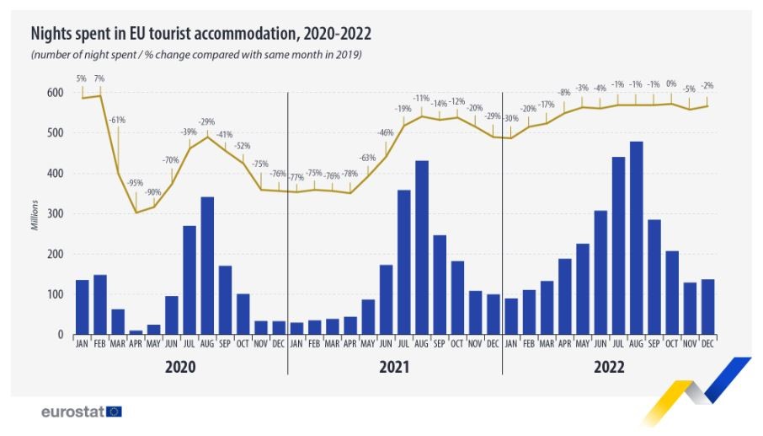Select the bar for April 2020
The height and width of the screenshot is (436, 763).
pos(136,332)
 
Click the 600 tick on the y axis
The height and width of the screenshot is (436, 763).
pos(55,93)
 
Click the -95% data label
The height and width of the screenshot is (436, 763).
pos(135,183)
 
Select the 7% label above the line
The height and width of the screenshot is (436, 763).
pos(100,78)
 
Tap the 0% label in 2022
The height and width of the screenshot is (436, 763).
pos(671,83)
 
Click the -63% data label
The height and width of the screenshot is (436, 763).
pos(367,158)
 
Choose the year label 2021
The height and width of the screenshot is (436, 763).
pos(394,368)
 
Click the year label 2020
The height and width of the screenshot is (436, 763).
pos(180,368)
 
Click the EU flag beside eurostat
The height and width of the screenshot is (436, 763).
pos(115,412)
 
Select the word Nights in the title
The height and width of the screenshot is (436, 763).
pos(52,34)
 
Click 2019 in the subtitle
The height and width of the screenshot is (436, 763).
pos(349,55)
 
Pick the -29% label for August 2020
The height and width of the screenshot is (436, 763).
pos(207,121)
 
